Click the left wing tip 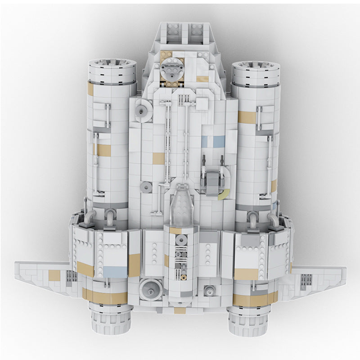tap(20, 268)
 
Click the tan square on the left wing tap(54, 276)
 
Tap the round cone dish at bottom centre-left tap(148, 286)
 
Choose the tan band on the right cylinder tap(247, 117)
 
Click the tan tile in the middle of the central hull tap(158, 158)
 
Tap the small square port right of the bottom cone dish tap(209, 291)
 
